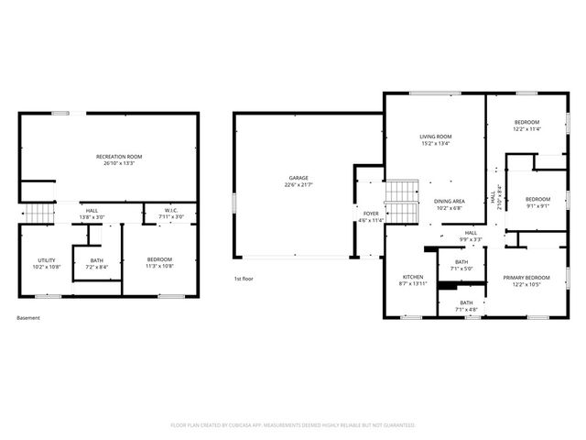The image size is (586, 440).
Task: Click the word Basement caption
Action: [x=28, y=318]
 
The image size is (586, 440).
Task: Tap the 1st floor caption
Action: [x=244, y=278]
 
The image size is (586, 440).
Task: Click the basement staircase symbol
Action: [x=38, y=214]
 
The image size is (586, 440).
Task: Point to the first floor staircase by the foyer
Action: [x=400, y=202]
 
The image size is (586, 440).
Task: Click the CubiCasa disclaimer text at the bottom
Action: [x=293, y=425]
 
